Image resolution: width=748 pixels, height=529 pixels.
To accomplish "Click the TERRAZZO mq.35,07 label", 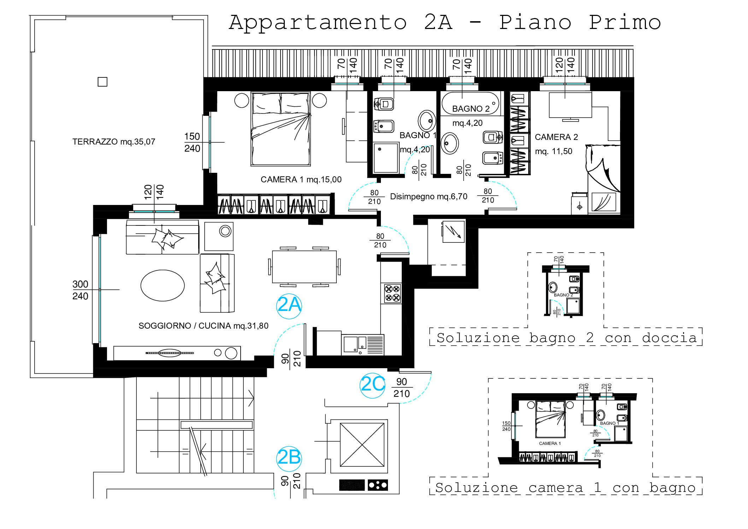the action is pyautogui.click(x=114, y=142).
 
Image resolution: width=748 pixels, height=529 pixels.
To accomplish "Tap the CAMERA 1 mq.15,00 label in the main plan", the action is pyautogui.click(x=301, y=180).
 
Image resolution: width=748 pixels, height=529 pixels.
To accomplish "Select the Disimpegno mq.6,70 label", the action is pyautogui.click(x=429, y=196).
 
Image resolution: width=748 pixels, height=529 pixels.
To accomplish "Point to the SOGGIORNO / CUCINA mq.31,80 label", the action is pyautogui.click(x=204, y=326).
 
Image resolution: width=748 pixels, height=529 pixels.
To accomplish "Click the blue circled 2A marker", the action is pyautogui.click(x=289, y=306).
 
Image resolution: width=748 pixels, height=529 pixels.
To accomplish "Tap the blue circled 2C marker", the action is pyautogui.click(x=373, y=386).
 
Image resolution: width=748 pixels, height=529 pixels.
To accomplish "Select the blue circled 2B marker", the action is pyautogui.click(x=289, y=459).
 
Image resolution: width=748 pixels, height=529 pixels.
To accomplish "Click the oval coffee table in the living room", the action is pyautogui.click(x=163, y=286).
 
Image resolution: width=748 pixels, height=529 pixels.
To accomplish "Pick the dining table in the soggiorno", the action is pyautogui.click(x=304, y=267).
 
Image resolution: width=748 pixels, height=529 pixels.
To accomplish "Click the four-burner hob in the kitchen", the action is pyautogui.click(x=393, y=293).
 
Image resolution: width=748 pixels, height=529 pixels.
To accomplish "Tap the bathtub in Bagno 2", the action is pyautogui.click(x=471, y=103).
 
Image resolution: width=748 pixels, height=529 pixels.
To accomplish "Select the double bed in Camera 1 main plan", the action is pyautogui.click(x=281, y=129).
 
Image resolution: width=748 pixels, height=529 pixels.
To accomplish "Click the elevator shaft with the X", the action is pyautogui.click(x=362, y=445).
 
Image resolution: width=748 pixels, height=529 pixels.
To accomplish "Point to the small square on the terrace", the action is pyautogui.click(x=102, y=82).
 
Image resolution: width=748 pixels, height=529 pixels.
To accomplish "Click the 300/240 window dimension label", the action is pyautogui.click(x=80, y=290).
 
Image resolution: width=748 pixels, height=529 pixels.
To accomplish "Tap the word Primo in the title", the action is pyautogui.click(x=625, y=23).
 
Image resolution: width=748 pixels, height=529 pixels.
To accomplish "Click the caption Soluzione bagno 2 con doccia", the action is pyautogui.click(x=567, y=338).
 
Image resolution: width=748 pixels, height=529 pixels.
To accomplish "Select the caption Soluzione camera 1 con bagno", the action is pyautogui.click(x=565, y=488).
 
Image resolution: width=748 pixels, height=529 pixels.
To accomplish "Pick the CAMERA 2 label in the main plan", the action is pyautogui.click(x=556, y=137).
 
